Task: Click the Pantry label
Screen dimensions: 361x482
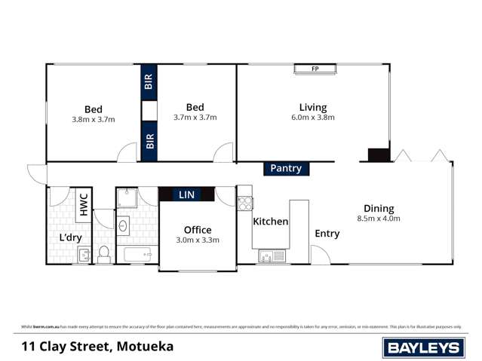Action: point(285,169)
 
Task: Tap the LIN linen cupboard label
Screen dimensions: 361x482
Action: point(186,194)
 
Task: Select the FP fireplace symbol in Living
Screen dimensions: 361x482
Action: point(315,69)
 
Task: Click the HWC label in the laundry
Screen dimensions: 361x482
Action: point(84,205)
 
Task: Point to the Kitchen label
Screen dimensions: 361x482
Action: point(270,222)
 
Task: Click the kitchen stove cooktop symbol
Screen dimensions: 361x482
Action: point(244,203)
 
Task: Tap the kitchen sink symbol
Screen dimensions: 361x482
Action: point(270,256)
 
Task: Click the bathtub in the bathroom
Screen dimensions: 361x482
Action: point(136,255)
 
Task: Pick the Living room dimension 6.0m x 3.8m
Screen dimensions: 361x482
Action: point(312,118)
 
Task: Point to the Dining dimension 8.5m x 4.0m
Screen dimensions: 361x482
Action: point(378,219)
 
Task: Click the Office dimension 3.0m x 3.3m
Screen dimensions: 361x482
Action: point(197,240)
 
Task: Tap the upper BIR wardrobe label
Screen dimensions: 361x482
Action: point(149,82)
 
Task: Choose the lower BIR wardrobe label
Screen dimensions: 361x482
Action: point(149,141)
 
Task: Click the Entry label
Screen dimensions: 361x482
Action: point(327,234)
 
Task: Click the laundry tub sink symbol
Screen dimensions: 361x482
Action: point(84,255)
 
